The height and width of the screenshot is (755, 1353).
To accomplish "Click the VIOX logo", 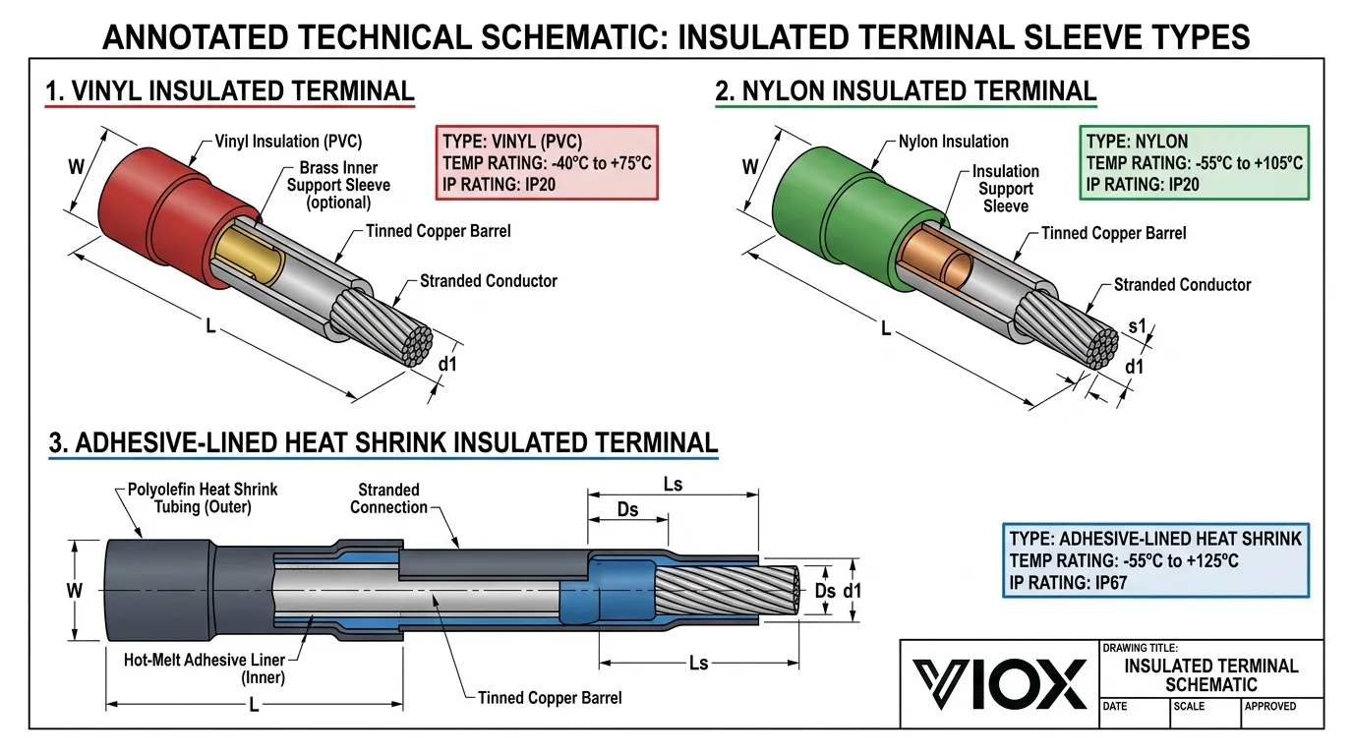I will pyautogui.click(x=999, y=683).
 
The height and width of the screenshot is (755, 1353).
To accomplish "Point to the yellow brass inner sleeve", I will pyautogui.click(x=246, y=258).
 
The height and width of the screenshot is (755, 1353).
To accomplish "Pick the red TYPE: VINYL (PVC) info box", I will pyautogui.click(x=547, y=162).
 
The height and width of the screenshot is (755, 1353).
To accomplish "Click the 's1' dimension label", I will pyautogui.click(x=1138, y=326).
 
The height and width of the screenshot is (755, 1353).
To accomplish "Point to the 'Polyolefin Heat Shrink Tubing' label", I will pyautogui.click(x=203, y=497).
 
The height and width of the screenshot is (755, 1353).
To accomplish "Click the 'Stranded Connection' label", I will pyautogui.click(x=388, y=498).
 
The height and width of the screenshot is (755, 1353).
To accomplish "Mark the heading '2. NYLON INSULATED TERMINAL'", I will pyautogui.click(x=905, y=91).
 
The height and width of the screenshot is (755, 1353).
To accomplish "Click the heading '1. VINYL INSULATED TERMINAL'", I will pyautogui.click(x=230, y=91).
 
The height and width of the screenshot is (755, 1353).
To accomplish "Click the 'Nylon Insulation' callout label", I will pyautogui.click(x=953, y=142).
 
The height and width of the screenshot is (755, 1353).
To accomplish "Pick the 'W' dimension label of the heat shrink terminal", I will pyautogui.click(x=74, y=591).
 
